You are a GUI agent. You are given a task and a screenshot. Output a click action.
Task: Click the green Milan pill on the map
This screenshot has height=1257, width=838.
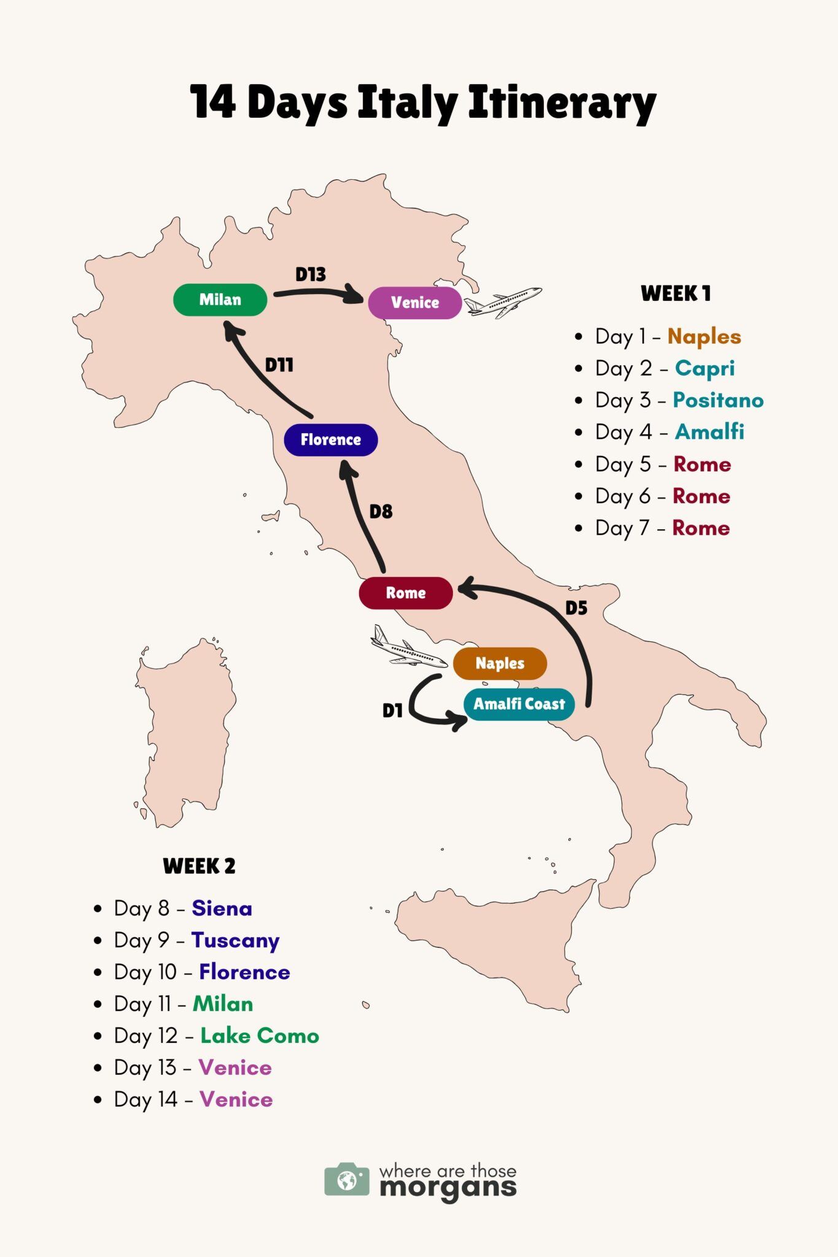(220, 300)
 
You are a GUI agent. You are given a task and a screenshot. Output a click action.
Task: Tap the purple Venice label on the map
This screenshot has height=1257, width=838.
(415, 303)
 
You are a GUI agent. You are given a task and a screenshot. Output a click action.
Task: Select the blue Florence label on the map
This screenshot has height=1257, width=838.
(330, 440)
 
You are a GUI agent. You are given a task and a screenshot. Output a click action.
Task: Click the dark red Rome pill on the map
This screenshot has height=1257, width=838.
(406, 593)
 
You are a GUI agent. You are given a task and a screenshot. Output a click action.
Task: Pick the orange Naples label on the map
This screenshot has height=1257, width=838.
(500, 663)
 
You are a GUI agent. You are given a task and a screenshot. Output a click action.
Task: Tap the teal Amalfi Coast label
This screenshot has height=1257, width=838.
(519, 704)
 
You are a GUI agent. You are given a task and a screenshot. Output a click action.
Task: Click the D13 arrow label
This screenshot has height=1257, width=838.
(311, 274)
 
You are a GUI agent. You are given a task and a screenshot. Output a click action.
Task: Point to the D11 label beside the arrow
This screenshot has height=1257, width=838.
(279, 365)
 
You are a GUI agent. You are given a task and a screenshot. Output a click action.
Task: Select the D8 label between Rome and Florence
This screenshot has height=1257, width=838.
(381, 511)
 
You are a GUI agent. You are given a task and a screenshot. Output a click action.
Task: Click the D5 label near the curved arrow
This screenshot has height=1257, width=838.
(576, 608)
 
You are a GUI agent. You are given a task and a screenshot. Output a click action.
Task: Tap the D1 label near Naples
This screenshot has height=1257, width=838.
(392, 711)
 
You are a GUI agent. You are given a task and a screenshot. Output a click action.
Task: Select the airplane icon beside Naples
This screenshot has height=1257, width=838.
(408, 649)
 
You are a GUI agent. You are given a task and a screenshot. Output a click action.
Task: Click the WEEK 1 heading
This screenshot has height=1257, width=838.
(675, 293)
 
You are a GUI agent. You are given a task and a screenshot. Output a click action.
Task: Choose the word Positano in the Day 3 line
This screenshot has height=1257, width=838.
(718, 400)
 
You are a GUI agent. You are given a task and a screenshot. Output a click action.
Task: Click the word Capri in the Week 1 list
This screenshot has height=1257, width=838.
(704, 368)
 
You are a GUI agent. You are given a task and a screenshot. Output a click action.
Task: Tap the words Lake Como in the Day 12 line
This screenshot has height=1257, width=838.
(260, 1036)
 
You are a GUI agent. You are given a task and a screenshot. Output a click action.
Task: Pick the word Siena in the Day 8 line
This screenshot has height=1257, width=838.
(222, 908)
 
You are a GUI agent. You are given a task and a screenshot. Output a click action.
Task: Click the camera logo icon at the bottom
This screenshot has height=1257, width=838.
(347, 1179)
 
